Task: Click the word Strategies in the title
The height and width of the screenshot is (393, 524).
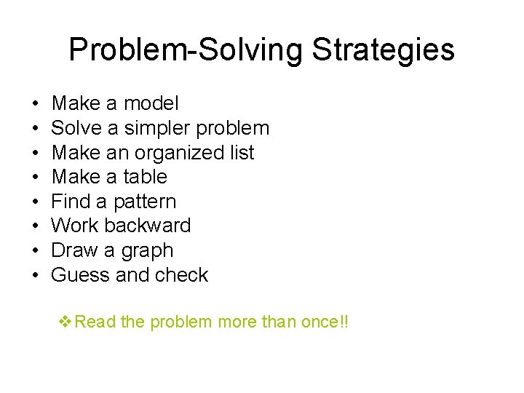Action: [384, 50]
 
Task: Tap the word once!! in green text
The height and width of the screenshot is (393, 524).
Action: [325, 321]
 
